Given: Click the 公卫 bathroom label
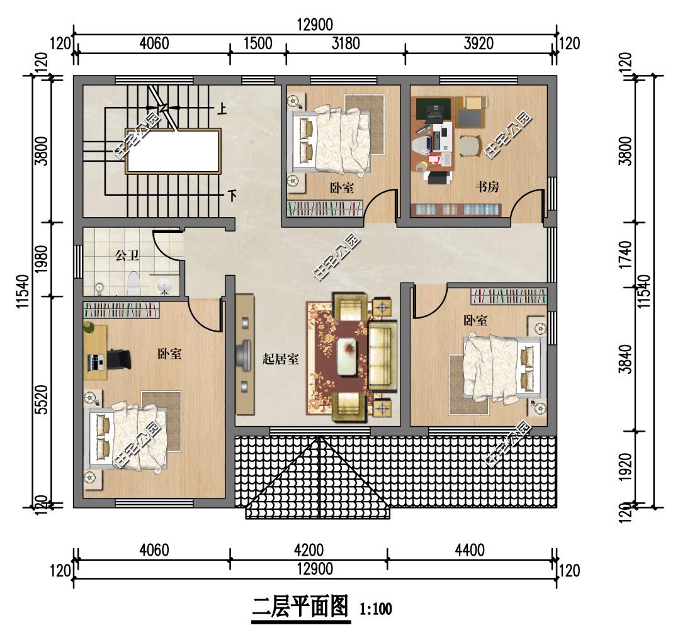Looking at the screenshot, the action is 127,256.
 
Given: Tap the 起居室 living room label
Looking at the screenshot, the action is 280,359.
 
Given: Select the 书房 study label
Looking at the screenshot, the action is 487,187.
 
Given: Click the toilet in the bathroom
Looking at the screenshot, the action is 133,283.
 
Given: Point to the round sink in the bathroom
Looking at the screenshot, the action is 164,286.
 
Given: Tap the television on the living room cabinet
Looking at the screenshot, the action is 243,356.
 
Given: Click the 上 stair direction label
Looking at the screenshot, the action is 222,108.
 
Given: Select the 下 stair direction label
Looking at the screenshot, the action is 232,196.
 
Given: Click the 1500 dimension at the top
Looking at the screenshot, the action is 258,43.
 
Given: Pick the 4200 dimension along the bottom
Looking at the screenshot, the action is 309,550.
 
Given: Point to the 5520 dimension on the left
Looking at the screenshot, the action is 41,400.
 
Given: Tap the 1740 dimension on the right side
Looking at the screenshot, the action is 625,255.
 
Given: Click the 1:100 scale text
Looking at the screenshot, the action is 375,609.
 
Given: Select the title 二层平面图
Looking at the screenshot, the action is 300,607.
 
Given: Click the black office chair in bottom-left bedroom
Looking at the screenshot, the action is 118,359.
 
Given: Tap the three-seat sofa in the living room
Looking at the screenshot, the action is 383,356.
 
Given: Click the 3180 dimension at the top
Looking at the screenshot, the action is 346,43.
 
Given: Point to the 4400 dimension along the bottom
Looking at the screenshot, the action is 470,550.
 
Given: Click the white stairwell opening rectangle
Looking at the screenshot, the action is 173,151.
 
